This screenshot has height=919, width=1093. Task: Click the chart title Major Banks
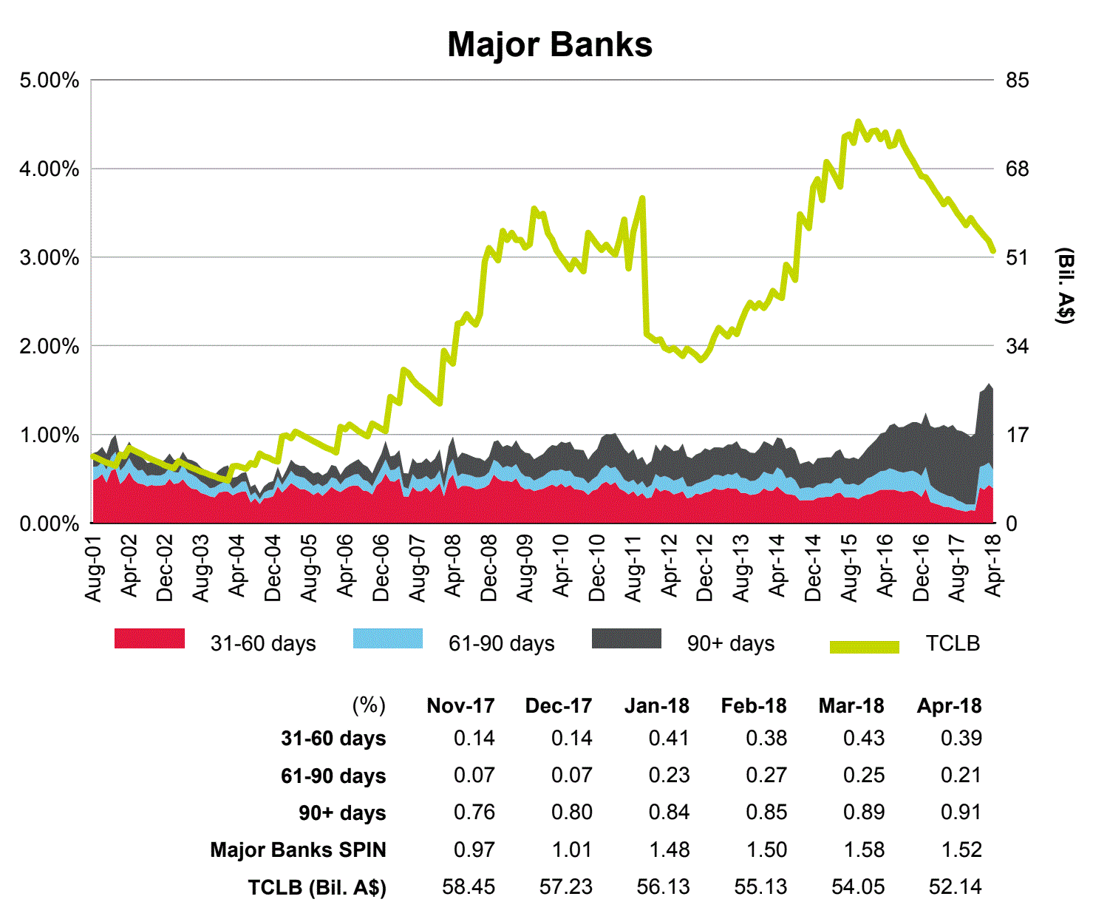[550, 44]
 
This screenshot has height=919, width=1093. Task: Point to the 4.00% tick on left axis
[50, 169]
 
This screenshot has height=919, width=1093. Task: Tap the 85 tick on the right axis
[1017, 80]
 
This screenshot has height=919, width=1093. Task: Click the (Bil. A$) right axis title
[1065, 286]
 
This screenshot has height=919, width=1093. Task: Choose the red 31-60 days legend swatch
[149, 639]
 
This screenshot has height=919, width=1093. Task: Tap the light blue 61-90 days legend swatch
[388, 639]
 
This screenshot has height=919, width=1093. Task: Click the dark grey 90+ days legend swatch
[627, 639]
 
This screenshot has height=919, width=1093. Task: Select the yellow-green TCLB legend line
[865, 648]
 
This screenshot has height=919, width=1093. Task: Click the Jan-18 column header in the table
[656, 706]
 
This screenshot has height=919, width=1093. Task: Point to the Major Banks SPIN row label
[298, 850]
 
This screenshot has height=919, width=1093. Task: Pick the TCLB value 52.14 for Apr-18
[955, 886]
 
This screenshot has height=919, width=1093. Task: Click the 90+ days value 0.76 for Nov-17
[474, 812]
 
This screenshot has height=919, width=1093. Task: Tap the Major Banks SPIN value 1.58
[863, 850]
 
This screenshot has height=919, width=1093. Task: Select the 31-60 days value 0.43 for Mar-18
[863, 738]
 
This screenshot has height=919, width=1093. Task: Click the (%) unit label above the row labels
[369, 705]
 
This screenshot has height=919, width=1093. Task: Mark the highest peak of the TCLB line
[857, 121]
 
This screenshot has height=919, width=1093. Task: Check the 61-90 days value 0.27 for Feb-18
[766, 775]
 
